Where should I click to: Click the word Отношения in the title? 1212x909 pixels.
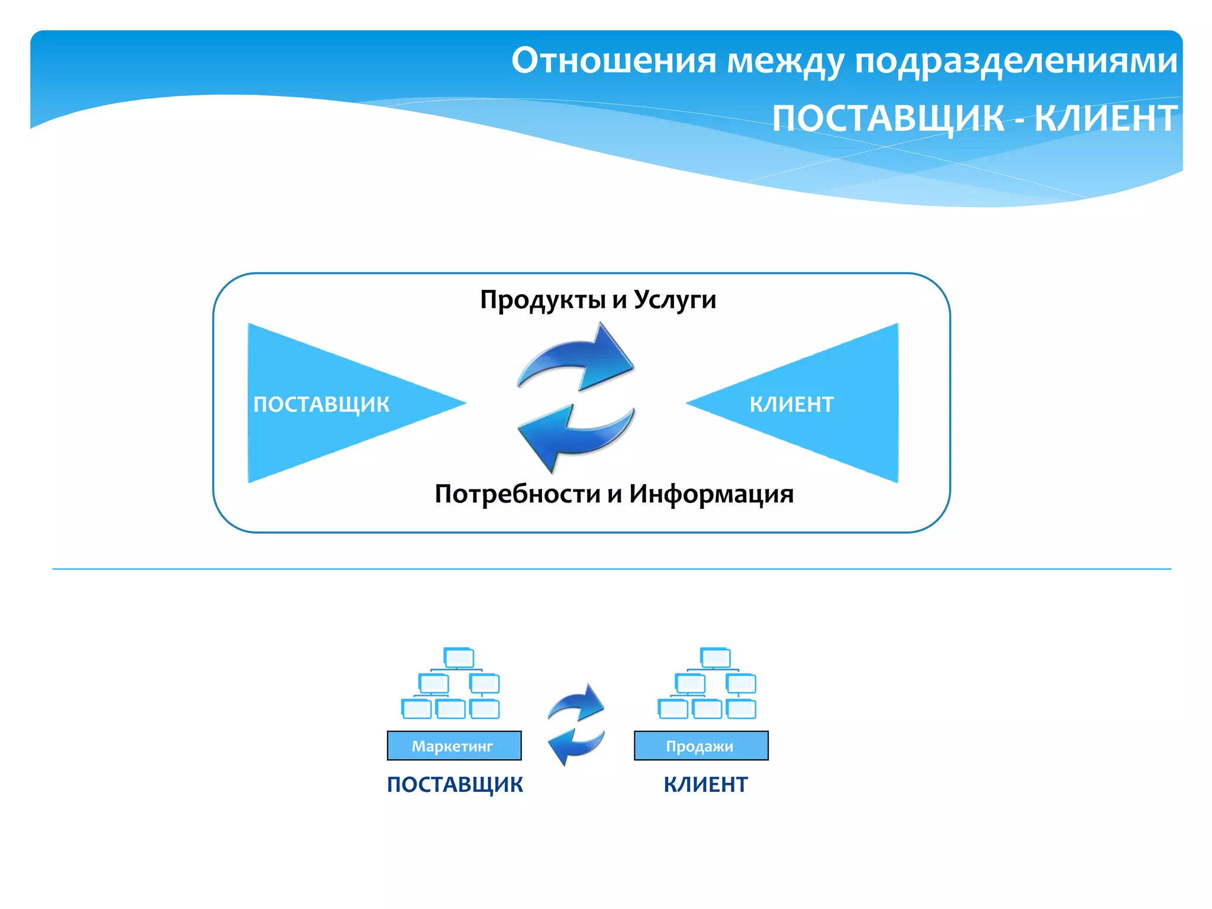click(614, 60)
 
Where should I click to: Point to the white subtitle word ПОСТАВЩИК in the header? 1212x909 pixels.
click(888, 118)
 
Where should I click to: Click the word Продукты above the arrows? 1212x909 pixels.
click(543, 300)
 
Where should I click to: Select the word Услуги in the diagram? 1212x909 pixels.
click(675, 300)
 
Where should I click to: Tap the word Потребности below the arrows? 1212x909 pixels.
click(517, 494)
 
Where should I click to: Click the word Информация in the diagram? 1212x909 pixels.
click(711, 494)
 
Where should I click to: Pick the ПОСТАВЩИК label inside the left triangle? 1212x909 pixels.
click(321, 404)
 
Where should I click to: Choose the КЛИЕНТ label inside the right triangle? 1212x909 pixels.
click(791, 404)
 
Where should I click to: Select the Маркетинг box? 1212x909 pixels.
click(454, 746)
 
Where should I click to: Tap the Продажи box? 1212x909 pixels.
click(701, 746)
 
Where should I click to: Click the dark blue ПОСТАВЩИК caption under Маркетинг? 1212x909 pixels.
click(454, 785)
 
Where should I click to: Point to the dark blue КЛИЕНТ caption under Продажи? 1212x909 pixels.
click(705, 785)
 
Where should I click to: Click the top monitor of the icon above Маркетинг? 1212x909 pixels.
click(459, 657)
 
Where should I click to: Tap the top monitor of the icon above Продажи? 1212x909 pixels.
click(715, 657)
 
